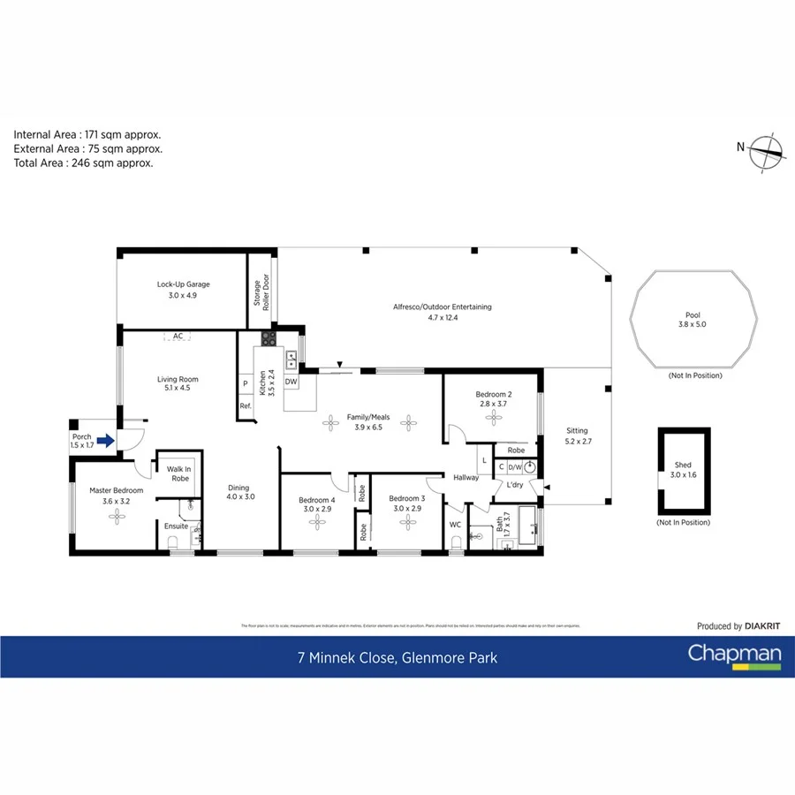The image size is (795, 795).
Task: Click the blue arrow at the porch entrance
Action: [105, 440]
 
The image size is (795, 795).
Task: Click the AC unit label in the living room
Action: [178, 337]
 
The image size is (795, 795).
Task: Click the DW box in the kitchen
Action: [291, 382]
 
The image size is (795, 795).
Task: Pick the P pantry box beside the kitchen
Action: [245, 383]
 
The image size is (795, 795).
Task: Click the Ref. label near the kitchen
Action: [245, 406]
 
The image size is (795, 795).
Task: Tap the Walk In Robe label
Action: [180, 473]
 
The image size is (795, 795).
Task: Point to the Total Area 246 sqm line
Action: [83, 163]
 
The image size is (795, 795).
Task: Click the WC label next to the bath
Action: [456, 525]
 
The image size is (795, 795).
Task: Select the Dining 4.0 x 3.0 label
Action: [238, 492]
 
